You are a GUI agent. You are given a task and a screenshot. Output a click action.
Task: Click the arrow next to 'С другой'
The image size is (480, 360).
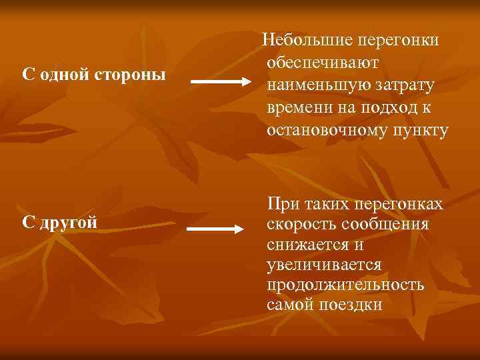tap(216, 229)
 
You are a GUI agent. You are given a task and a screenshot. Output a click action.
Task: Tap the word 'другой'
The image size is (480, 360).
tap(69, 222)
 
